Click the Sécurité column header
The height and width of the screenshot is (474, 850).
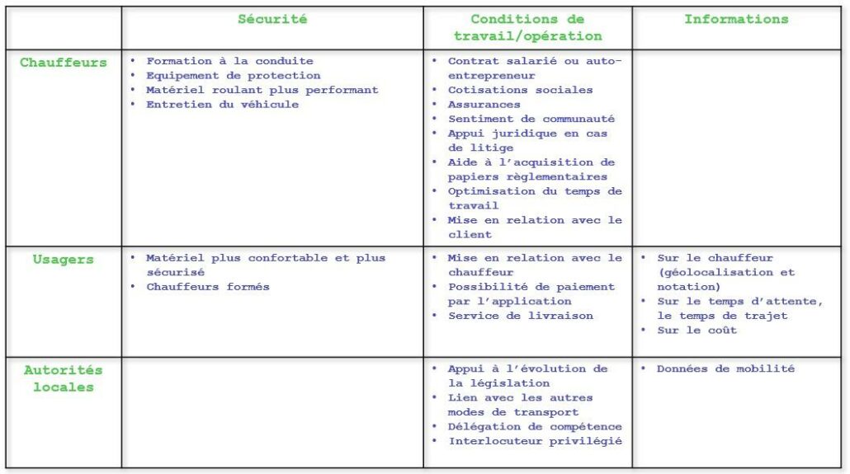(x=272, y=20)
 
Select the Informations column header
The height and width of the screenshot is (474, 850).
(x=735, y=20)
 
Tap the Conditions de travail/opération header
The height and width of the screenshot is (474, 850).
(x=527, y=28)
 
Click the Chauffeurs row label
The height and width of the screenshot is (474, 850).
(x=63, y=63)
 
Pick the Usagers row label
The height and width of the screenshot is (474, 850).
(x=63, y=260)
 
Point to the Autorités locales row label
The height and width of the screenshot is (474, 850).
(x=63, y=378)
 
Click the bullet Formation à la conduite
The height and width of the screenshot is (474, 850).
(x=229, y=61)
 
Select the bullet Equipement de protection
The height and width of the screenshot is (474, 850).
(x=233, y=76)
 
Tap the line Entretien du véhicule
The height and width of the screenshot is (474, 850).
(x=222, y=105)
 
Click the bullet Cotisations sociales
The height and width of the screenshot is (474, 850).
(x=520, y=90)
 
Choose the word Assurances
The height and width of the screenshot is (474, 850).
(x=484, y=105)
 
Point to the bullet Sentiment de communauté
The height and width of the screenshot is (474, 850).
(x=531, y=120)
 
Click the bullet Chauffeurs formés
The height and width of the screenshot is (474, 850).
(x=207, y=287)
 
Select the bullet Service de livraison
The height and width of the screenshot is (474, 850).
(x=520, y=316)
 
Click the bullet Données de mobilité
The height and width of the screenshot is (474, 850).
(x=725, y=369)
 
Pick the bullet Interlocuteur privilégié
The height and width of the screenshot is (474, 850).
(x=534, y=441)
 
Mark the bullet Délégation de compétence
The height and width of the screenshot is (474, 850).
(x=534, y=427)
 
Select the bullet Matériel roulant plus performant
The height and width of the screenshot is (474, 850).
(x=262, y=90)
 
